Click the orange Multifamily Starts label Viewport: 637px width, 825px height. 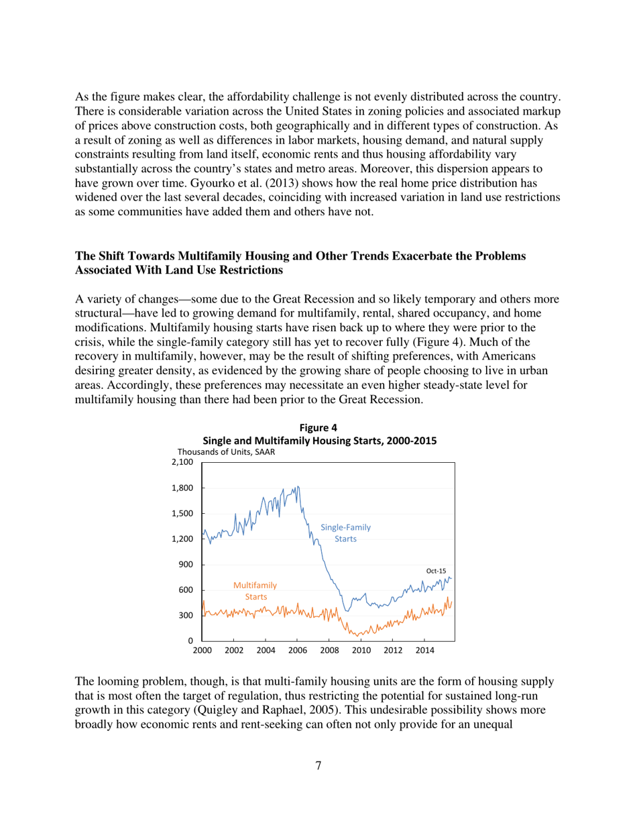[255, 590]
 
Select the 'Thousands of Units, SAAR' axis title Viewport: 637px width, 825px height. [225, 453]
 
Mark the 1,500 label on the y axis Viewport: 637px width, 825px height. [182, 514]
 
